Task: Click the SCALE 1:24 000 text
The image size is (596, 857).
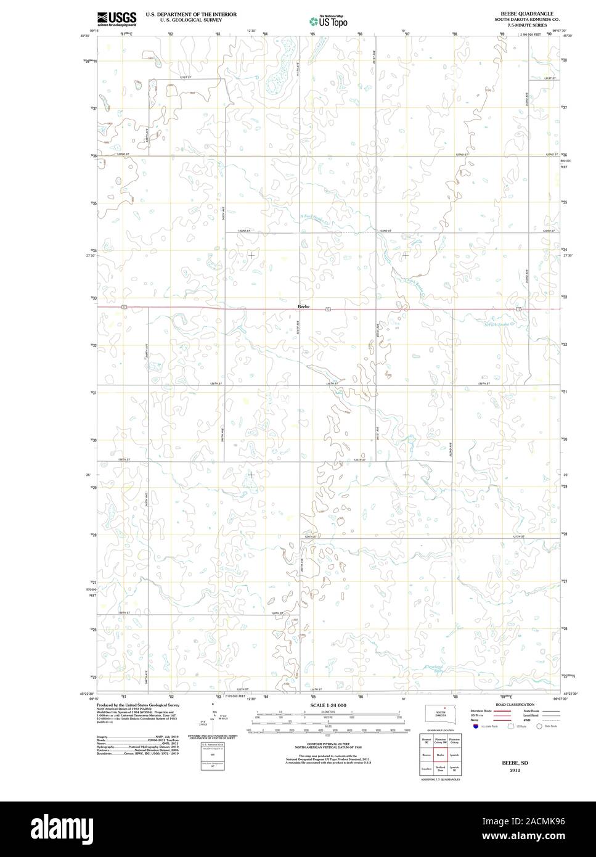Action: click(329, 704)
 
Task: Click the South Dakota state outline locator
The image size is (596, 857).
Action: click(440, 714)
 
